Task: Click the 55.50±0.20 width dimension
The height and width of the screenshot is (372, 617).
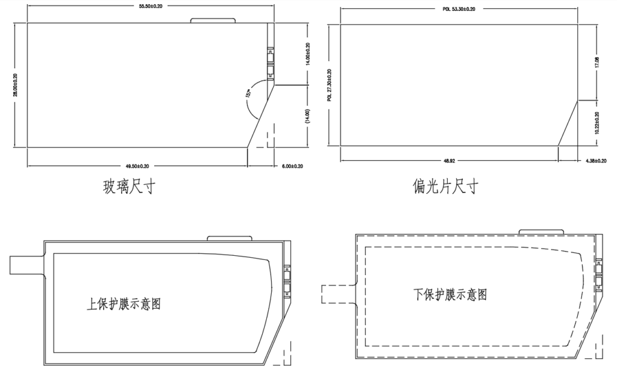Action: tap(150, 6)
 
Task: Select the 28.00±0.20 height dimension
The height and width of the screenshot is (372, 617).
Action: tap(15, 85)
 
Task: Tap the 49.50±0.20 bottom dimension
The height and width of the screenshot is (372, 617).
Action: tap(137, 165)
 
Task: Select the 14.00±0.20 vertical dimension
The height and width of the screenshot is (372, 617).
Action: tap(308, 54)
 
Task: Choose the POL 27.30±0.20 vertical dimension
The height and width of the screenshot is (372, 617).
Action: tap(330, 85)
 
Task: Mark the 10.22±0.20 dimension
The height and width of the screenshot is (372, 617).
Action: tap(597, 122)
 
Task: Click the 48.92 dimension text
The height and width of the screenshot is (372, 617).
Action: tap(449, 161)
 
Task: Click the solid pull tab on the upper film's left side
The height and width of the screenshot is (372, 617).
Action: tap(27, 265)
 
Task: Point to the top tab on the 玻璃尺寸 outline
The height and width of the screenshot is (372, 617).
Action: tap(213, 20)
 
